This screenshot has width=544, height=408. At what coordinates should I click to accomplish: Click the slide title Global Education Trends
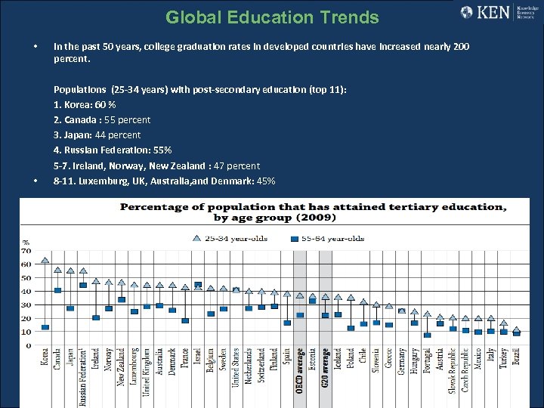click(272, 17)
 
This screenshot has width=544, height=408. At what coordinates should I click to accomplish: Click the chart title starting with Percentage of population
click(313, 212)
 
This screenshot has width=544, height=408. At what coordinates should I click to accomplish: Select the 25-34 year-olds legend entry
click(226, 238)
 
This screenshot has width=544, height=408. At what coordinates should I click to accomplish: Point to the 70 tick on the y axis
click(26, 250)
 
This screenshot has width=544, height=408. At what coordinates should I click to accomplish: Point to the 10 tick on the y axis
click(26, 332)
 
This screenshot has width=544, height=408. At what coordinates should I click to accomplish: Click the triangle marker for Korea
click(45, 261)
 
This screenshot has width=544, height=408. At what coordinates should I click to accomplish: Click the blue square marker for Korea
click(45, 327)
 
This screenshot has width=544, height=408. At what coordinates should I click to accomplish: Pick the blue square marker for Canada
click(57, 290)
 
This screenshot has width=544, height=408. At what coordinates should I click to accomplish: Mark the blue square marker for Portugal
click(427, 335)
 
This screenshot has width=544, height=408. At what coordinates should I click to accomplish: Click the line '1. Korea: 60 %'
click(85, 104)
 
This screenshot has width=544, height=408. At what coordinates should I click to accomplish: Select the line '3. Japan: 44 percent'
click(97, 134)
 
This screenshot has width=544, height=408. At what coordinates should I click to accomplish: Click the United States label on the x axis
click(236, 366)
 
